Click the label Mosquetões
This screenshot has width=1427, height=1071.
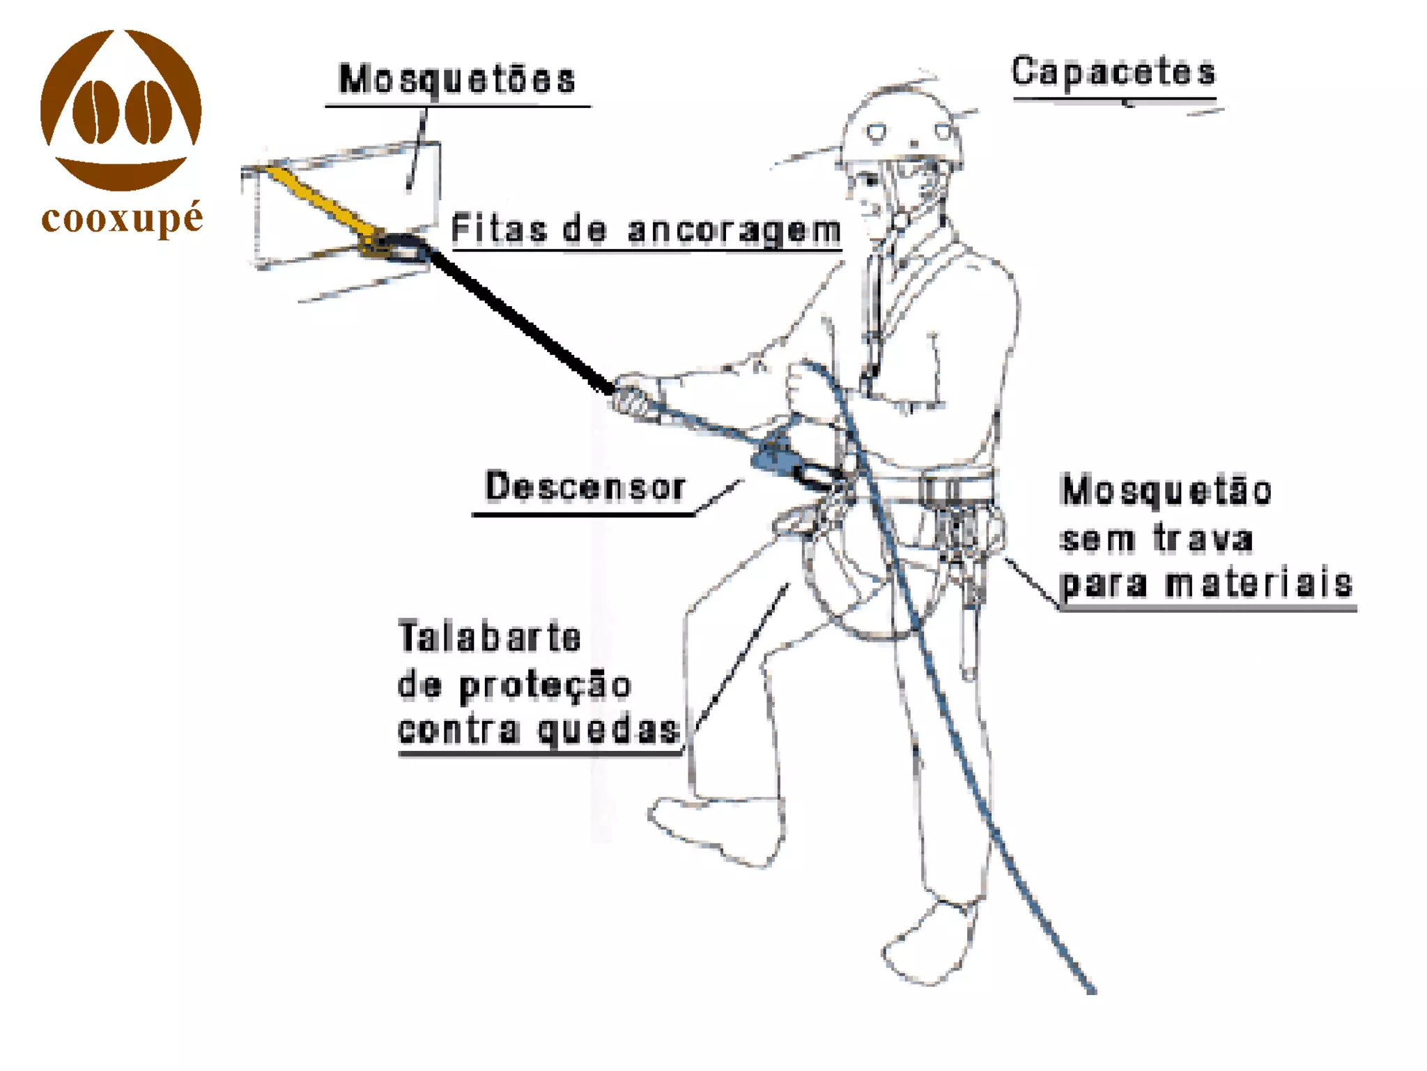tap(457, 79)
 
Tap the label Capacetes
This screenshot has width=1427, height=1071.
tap(1113, 72)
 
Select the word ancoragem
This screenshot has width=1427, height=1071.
tap(734, 230)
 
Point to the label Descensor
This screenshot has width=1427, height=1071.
tap(585, 486)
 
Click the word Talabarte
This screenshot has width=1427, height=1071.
tap(489, 637)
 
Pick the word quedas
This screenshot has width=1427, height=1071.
tap(609, 731)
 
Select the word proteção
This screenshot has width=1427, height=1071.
tap(545, 686)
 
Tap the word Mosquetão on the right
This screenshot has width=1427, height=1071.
tap(1166, 490)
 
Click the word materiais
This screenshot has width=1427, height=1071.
tap(1258, 584)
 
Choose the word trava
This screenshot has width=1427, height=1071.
tap(1203, 538)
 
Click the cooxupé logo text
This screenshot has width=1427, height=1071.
tap(122, 219)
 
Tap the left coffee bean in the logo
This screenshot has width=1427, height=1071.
tap(95, 112)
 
